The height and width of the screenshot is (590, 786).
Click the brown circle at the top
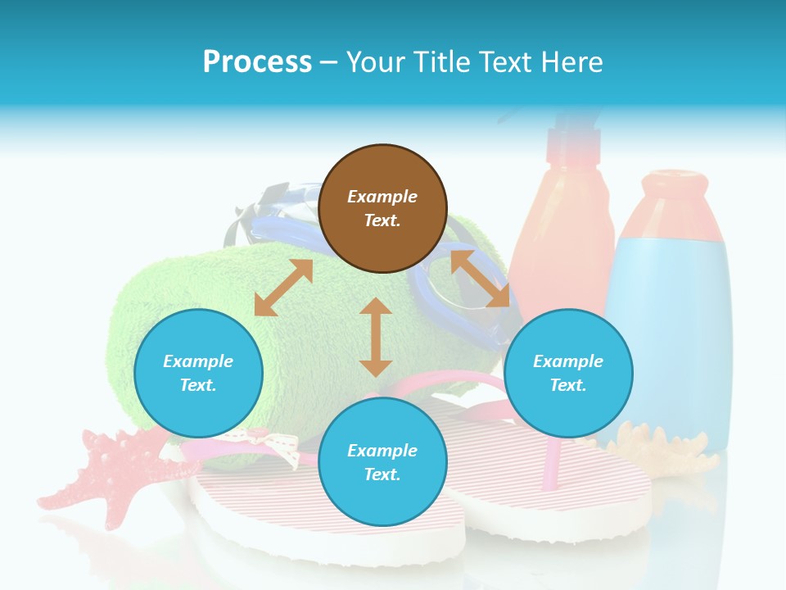[382, 209]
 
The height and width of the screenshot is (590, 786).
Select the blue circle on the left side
[198, 374]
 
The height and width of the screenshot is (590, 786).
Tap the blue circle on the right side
[568, 374]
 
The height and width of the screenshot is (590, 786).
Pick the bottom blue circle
[382, 462]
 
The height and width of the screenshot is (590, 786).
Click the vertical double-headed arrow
[376, 338]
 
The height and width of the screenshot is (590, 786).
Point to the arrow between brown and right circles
[480, 279]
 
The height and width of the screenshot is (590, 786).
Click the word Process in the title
[257, 61]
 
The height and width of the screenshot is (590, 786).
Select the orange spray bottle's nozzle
[565, 131]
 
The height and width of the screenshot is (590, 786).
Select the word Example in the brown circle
[382, 197]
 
